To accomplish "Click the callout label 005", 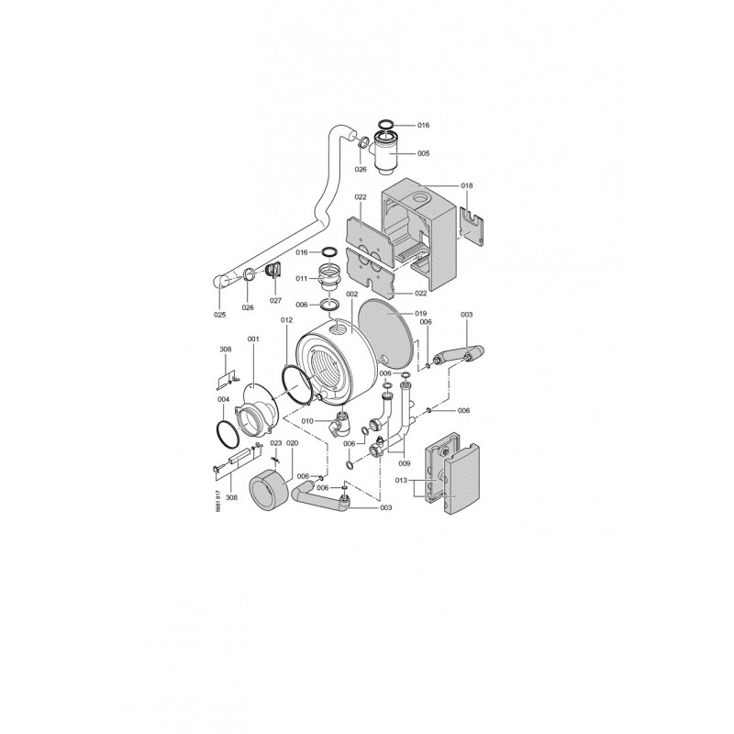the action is coord(423,153).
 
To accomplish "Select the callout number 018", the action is coord(467,185).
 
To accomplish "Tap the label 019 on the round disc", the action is coord(420,313).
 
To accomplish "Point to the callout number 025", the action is coord(219,315).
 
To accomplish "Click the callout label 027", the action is coord(276,301).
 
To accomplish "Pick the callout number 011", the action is coord(302,279).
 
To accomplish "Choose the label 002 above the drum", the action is coord(351,294).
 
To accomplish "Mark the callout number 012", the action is coord(286,320).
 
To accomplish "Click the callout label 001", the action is coord(253,339).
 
